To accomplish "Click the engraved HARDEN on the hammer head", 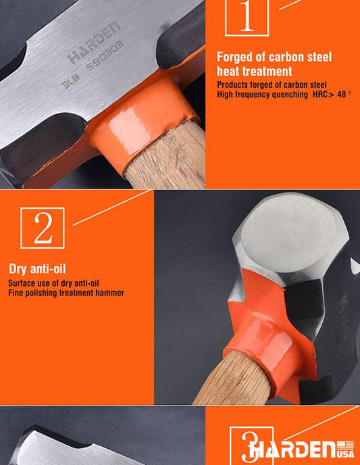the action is point(94,43).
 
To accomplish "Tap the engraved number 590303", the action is point(105,55).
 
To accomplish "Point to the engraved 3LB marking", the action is point(71,82).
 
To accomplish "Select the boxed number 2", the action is point(43,228).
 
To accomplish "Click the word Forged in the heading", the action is point(236,57).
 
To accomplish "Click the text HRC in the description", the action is point(320,95).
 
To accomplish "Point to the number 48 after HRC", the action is point(342,95).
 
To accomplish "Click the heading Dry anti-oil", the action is point(37,269).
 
